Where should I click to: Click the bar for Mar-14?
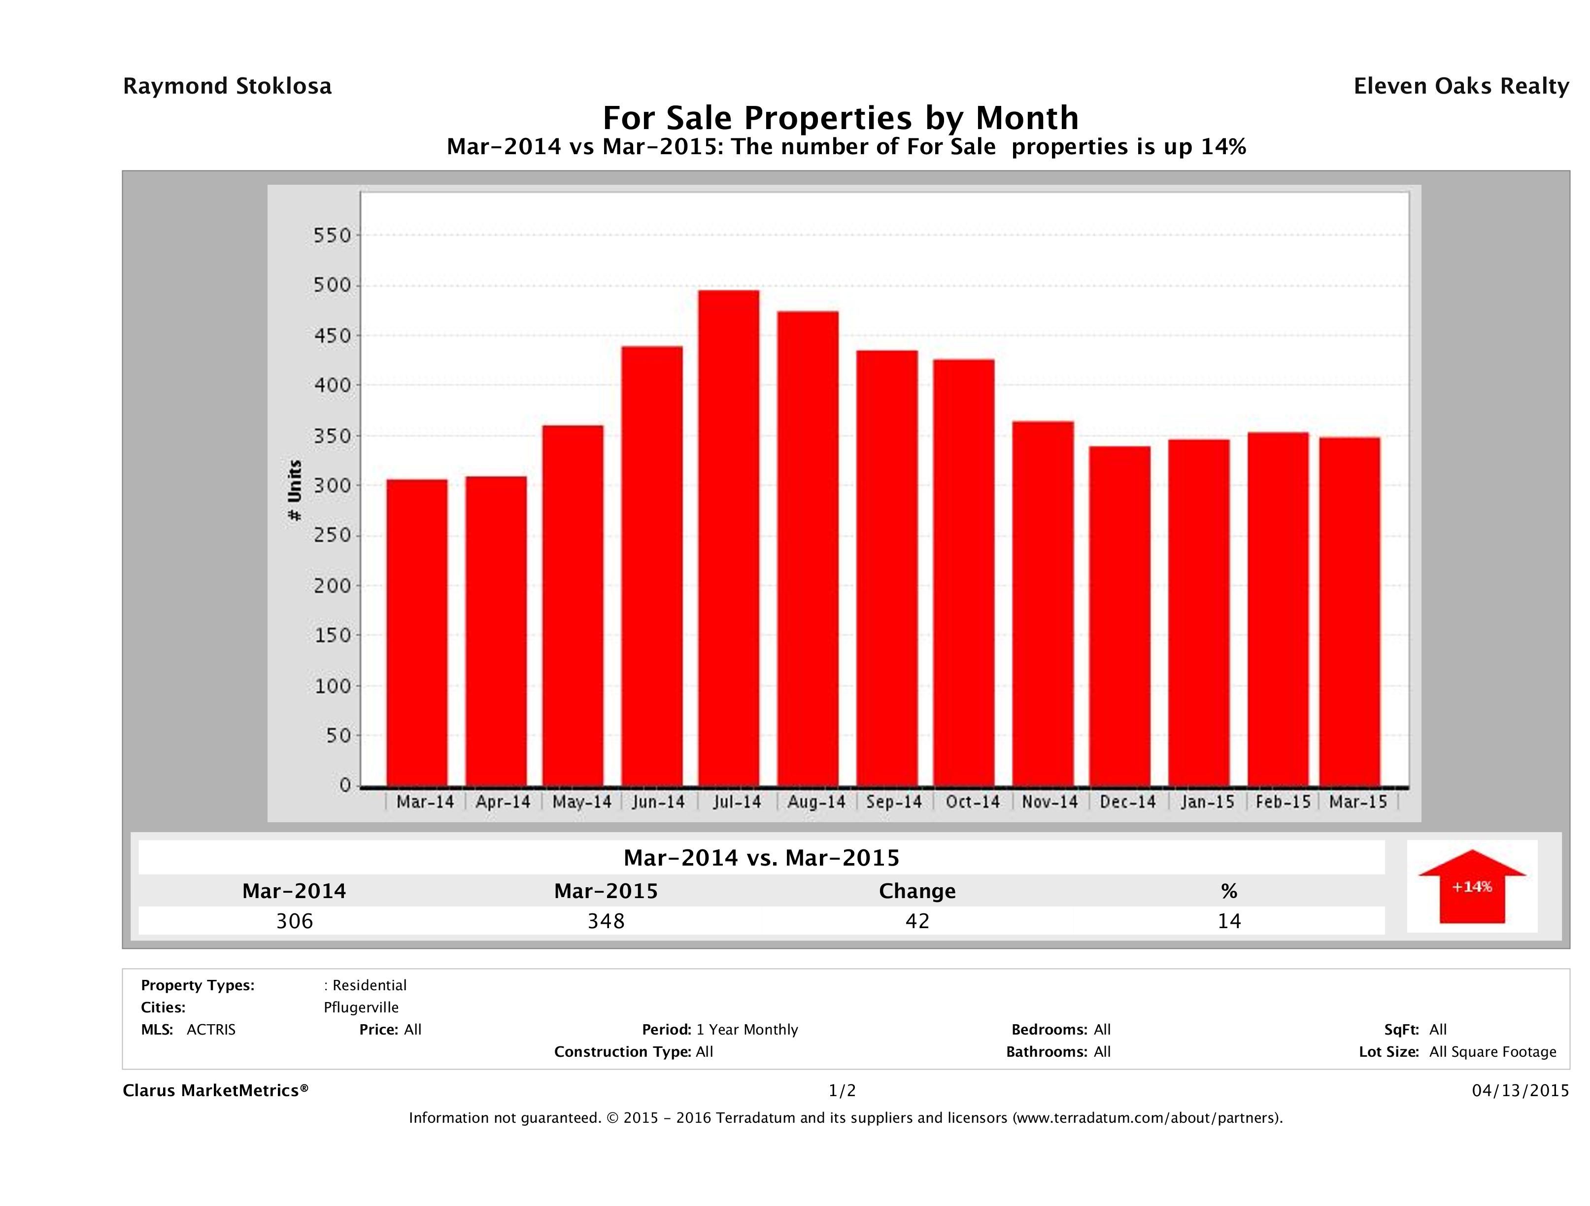point(417,633)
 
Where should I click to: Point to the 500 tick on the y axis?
point(332,285)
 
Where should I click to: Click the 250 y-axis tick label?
point(332,536)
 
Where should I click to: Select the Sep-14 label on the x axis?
point(893,802)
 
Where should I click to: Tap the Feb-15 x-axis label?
point(1283,802)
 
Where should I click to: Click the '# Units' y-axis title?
point(295,490)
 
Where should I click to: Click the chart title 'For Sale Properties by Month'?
point(840,117)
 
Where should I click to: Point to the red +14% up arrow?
point(1471,886)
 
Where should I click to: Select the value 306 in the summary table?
point(295,921)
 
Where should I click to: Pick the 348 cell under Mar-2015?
point(606,921)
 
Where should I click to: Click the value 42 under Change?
point(917,921)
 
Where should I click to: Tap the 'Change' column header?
point(917,891)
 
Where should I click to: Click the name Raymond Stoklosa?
point(227,86)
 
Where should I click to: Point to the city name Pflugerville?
point(361,1007)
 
